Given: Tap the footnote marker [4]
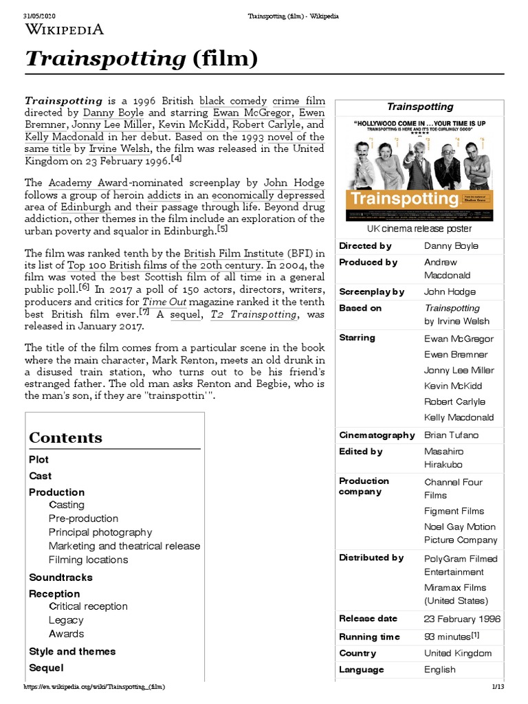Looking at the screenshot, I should point(177,158).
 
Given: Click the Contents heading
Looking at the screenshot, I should point(65,438).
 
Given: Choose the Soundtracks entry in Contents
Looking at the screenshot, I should point(60,577).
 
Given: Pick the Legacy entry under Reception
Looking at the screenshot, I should point(66,620).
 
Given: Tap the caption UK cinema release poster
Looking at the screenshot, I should point(419,228).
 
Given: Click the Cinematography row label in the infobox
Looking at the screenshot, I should point(377,435).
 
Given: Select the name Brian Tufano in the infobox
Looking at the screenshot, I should point(451,435).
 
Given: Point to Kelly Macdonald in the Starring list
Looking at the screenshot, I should point(459,417).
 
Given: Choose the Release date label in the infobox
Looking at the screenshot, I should point(368,619).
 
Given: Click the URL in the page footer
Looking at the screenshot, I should point(94,687).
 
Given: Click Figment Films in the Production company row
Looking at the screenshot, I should point(454,511).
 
